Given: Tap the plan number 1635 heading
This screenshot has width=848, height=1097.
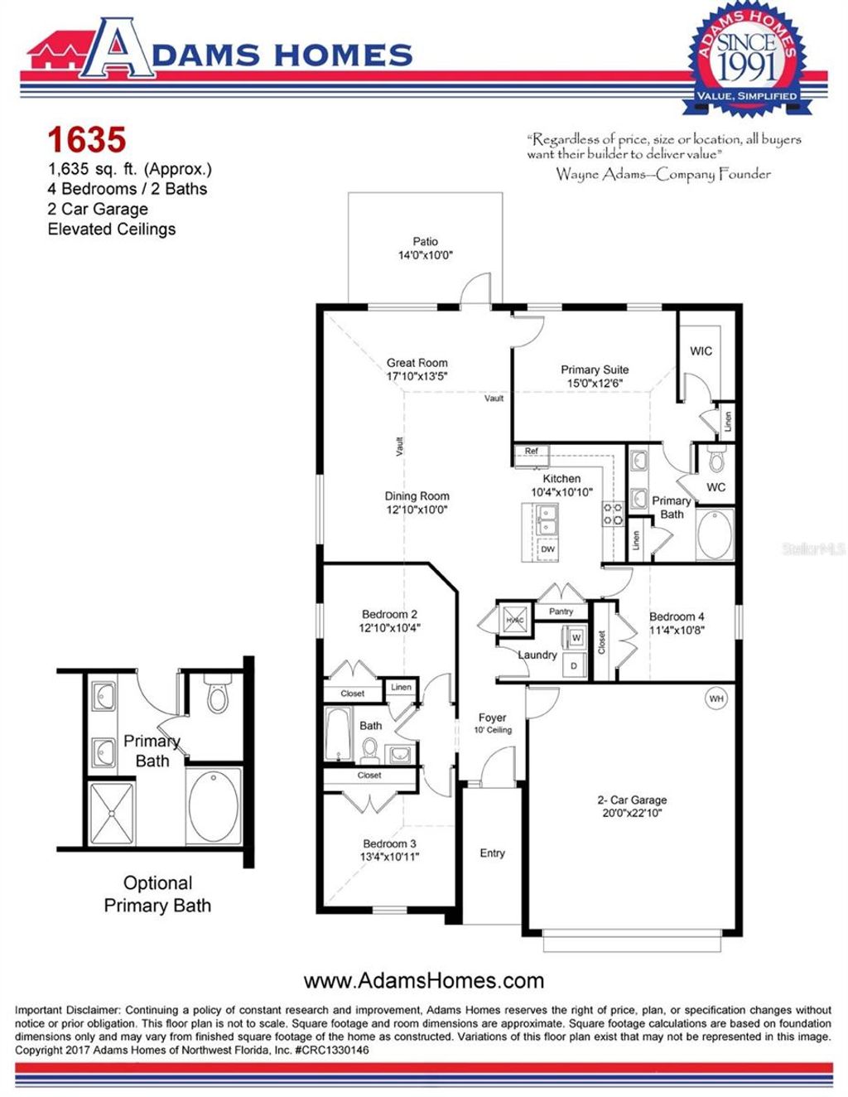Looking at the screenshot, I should (86, 140).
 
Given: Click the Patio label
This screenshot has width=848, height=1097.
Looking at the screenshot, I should (426, 241).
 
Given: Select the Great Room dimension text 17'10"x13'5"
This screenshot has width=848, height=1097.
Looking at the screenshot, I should (417, 376).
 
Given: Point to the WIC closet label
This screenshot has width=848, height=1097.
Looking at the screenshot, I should (701, 351).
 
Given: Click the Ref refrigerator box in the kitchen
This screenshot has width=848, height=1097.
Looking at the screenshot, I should (532, 452).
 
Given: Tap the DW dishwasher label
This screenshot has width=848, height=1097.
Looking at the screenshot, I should (547, 548).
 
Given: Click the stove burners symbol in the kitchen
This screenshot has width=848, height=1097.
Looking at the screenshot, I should (612, 514).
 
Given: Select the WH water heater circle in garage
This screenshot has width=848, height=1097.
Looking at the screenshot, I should (716, 699).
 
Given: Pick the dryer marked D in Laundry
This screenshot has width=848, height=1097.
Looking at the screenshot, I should (574, 665).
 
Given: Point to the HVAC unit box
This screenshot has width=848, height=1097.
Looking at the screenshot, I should (514, 621).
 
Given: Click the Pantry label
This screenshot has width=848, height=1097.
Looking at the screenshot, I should (561, 611).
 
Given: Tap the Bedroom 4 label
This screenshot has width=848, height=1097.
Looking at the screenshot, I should (677, 616).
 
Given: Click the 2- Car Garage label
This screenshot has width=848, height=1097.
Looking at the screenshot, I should (632, 800).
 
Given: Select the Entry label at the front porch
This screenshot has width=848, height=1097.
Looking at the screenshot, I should (492, 853).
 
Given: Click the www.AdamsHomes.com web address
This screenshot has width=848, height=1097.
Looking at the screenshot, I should (424, 981).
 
